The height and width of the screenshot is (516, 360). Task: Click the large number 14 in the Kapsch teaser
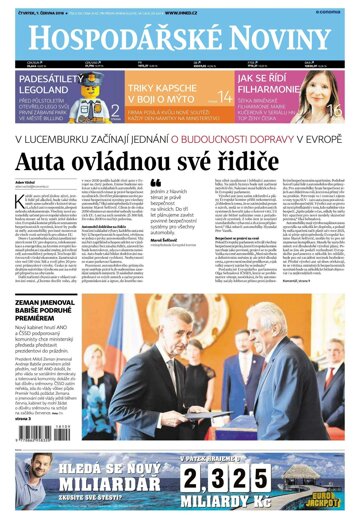pos(225,97)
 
